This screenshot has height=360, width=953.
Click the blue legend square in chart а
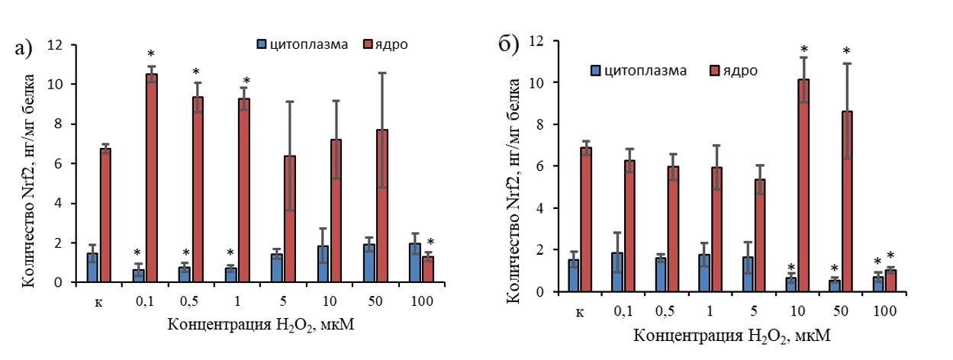click(x=261, y=43)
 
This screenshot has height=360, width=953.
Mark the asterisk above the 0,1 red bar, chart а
click(x=150, y=54)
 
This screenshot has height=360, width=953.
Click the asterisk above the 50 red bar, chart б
click(x=846, y=52)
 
